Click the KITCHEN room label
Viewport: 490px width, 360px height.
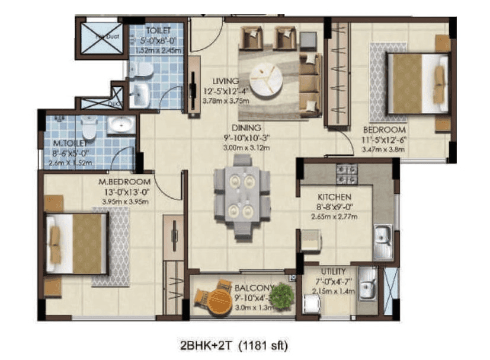335,197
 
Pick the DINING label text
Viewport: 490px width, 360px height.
248,127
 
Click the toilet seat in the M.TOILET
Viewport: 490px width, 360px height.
89,126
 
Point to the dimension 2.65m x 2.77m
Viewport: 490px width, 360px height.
335,215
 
